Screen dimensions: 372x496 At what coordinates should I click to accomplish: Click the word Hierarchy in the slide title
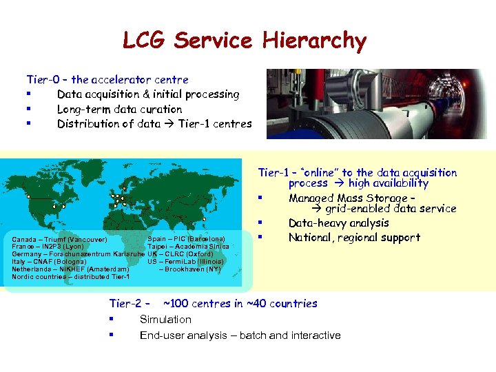coord(313,41)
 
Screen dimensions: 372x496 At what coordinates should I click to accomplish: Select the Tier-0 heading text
coord(107,80)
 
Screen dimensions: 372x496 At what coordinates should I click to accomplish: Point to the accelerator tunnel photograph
coord(376,103)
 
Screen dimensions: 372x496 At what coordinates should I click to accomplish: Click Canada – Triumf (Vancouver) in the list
coord(59,240)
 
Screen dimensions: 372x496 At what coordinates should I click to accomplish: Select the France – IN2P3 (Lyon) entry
coord(48,247)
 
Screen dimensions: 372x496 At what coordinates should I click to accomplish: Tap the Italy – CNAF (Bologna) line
coord(49,262)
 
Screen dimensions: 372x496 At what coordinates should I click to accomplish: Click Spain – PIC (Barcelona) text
coord(186,239)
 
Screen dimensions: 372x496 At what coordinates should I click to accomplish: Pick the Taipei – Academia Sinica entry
coord(187,247)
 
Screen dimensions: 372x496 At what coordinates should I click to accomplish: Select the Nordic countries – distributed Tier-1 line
coord(71,277)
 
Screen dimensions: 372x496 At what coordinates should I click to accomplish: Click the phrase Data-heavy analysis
coord(338,223)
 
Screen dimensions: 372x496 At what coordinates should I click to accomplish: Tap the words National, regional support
coord(354,238)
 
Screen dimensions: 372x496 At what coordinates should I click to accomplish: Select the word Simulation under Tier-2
coord(165,320)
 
